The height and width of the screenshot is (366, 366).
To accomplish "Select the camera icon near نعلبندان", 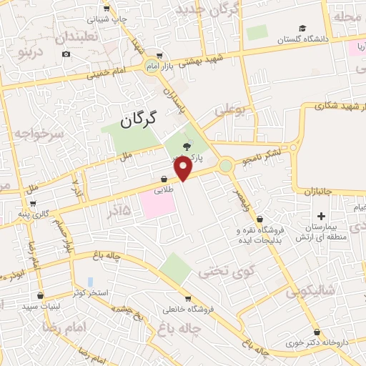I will (66, 54).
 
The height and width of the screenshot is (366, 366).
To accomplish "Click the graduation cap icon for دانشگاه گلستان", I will (302, 29).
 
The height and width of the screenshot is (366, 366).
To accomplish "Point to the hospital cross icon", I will (321, 216).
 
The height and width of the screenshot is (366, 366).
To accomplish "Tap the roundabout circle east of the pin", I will (226, 166).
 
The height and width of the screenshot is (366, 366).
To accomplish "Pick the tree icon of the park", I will (187, 146).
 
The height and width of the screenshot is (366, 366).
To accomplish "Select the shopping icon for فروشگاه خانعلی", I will (187, 299).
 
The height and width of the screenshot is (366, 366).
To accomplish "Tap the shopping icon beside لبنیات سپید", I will (40, 295).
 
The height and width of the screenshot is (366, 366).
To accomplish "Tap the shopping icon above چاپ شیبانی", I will (106, 9).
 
